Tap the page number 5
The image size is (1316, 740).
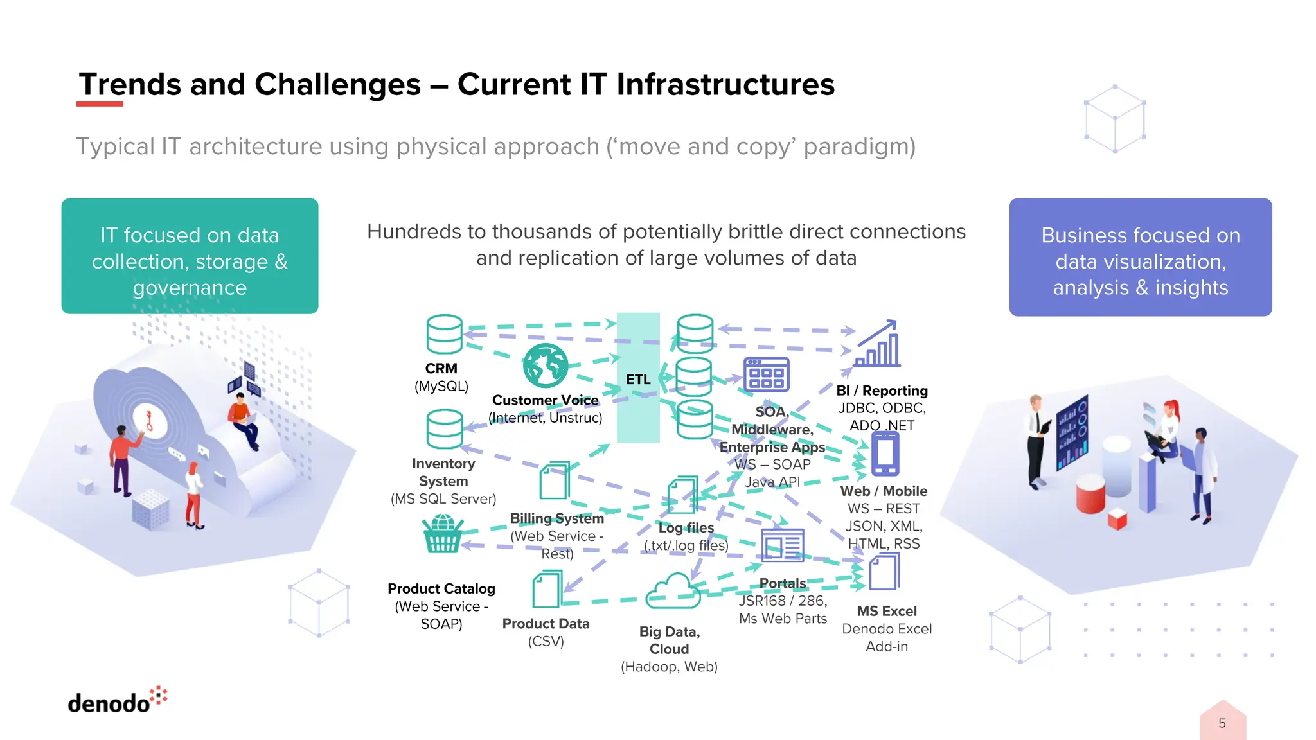(1222, 723)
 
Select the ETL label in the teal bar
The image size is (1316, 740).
(638, 380)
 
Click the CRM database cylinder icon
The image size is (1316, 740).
(444, 334)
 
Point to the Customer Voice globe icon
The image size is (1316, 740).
(545, 366)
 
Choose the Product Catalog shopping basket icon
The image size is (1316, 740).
(442, 534)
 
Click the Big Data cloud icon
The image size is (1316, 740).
(673, 592)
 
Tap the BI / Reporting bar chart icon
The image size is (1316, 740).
(877, 345)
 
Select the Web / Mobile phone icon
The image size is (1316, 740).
(885, 454)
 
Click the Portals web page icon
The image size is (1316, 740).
(782, 545)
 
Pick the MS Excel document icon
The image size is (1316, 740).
(884, 572)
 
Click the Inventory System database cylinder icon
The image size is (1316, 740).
(444, 429)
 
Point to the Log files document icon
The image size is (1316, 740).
(682, 495)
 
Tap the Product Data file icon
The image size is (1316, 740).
(547, 589)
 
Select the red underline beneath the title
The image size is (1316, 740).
(100, 103)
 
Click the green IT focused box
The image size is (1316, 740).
(190, 256)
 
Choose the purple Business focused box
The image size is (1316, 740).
(1140, 257)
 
